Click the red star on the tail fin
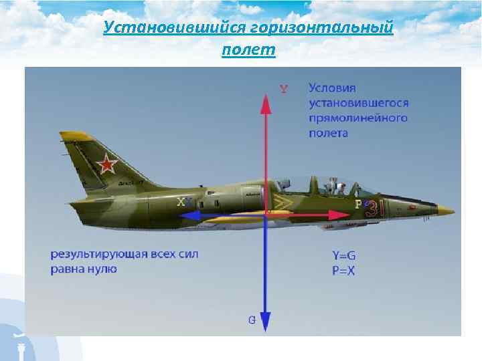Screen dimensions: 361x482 coord(106,163)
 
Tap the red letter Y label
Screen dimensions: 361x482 coord(284,89)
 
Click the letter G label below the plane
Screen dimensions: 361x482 coord(252,320)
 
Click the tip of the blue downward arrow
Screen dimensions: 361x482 coord(266,329)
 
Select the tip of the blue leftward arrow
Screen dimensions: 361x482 coord(183,215)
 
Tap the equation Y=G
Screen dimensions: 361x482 coord(343,255)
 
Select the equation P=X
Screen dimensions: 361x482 coord(343,271)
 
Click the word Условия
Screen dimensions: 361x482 coord(333,88)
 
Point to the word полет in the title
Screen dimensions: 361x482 coord(248,50)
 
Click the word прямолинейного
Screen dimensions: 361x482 coord(358,118)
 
